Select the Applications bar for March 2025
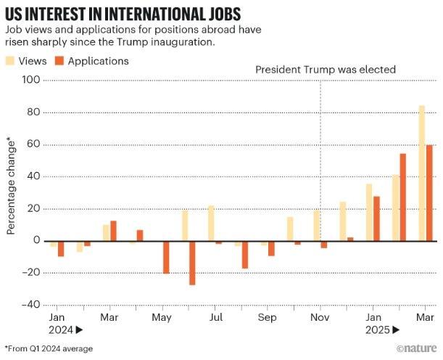click(x=429, y=193)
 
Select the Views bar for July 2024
click(x=211, y=223)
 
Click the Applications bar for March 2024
click(x=113, y=231)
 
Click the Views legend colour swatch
click(x=12, y=61)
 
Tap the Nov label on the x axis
click(x=320, y=318)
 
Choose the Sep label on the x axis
click(x=268, y=318)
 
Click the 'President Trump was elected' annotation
click(x=326, y=69)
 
